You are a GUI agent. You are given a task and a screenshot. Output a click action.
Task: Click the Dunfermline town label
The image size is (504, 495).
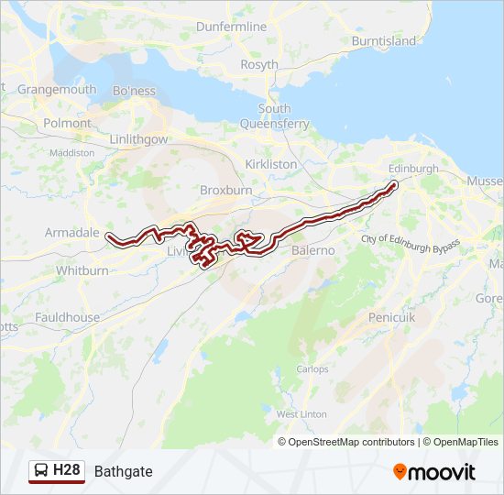[231, 27]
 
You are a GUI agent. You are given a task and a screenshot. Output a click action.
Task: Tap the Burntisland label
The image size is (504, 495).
[383, 41]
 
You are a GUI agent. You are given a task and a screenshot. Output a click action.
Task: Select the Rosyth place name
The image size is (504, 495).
[259, 65]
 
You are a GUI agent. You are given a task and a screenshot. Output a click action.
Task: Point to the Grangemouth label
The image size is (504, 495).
[56, 90]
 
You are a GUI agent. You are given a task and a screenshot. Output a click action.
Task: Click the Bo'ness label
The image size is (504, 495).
[134, 92]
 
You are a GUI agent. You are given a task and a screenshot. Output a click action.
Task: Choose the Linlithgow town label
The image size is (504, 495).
[138, 139]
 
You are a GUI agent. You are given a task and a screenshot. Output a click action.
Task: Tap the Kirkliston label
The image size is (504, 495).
[271, 164]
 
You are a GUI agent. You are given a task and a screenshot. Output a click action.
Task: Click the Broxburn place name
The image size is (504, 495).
[225, 192]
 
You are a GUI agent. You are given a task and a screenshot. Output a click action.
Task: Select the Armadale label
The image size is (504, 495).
[71, 233]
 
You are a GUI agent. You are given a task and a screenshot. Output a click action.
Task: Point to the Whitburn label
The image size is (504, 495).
[82, 271]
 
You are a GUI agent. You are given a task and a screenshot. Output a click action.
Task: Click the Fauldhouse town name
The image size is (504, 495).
[67, 317]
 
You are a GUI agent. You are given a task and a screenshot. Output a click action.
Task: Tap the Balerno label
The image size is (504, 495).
[312, 250]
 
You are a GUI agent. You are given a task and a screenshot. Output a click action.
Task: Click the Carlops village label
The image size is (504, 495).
[312, 369]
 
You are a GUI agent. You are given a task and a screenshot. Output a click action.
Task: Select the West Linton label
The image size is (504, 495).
[301, 414]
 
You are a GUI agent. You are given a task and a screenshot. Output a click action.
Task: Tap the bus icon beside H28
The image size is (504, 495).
[41, 471]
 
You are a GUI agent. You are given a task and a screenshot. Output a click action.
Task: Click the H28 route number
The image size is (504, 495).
[67, 471]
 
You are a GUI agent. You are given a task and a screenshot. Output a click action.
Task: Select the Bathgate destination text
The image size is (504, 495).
[123, 472]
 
